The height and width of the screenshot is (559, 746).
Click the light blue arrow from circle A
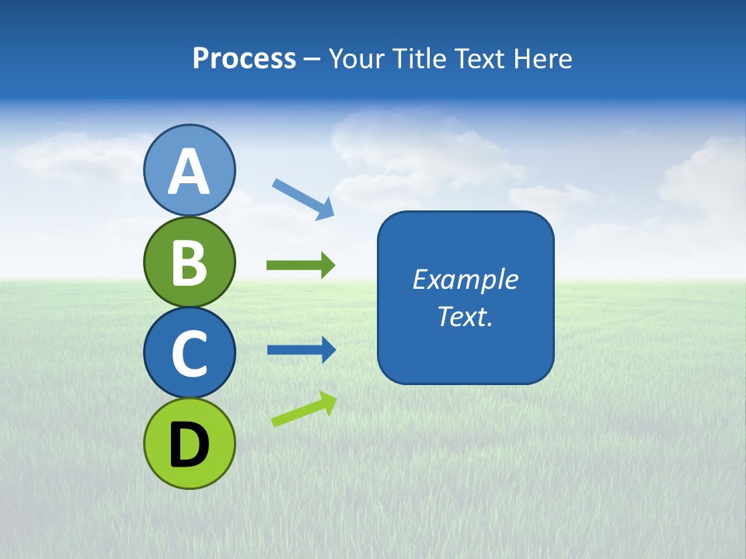[303, 199]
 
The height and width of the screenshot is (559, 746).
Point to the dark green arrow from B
[301, 266]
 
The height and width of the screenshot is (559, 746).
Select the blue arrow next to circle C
[302, 350]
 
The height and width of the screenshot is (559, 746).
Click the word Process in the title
[244, 58]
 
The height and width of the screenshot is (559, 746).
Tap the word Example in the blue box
[465, 279]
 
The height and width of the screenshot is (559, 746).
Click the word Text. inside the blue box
[465, 316]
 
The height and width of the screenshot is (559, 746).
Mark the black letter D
[190, 444]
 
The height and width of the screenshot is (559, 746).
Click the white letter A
[190, 172]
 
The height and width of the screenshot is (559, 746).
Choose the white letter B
[190, 262]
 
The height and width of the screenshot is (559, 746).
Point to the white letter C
[190, 353]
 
